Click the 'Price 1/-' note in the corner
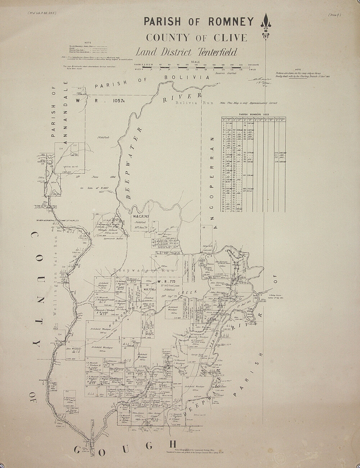[x=335, y=15]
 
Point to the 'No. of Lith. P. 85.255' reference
[x=42, y=14]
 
